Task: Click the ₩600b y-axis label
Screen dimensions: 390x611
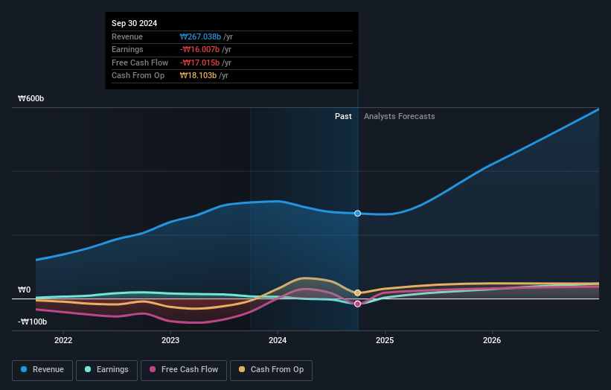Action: coord(32,98)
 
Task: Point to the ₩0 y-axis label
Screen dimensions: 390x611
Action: coord(25,290)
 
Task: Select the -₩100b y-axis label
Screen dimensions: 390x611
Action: coord(33,322)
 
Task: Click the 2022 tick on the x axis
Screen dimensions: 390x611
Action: coord(63,341)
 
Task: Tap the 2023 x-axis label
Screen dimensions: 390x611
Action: coord(170,341)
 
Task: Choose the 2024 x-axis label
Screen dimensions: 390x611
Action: coord(278,341)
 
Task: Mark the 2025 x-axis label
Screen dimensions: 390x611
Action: coord(385,341)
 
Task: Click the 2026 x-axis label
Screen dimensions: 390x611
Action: coord(492,341)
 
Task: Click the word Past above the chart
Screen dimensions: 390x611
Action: coord(343,116)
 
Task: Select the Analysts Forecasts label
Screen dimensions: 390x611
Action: coord(399,116)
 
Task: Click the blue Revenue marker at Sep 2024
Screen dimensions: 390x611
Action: coord(358,214)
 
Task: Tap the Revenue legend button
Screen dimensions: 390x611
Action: coord(42,369)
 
